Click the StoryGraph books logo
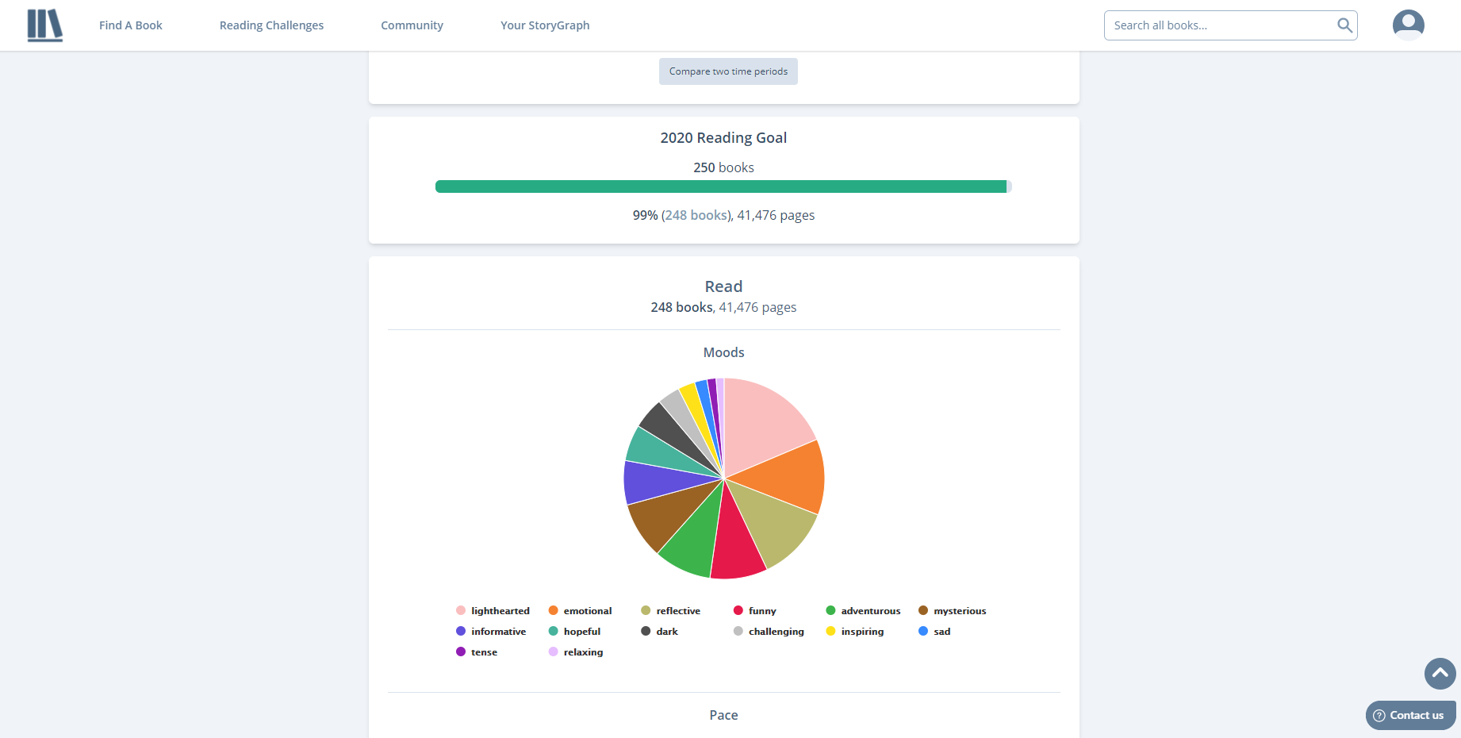[x=44, y=25]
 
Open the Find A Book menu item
[x=130, y=25]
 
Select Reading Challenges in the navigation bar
[x=271, y=25]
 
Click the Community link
[x=412, y=25]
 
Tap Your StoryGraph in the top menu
[x=545, y=25]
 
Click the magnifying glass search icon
[x=1344, y=25]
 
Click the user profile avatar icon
[x=1408, y=25]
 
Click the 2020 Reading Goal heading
[x=723, y=138]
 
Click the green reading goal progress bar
[x=720, y=186]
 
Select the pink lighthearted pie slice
[x=761, y=425]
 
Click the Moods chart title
[x=723, y=352]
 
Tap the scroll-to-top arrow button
[x=1440, y=674]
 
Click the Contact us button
[x=1410, y=715]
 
